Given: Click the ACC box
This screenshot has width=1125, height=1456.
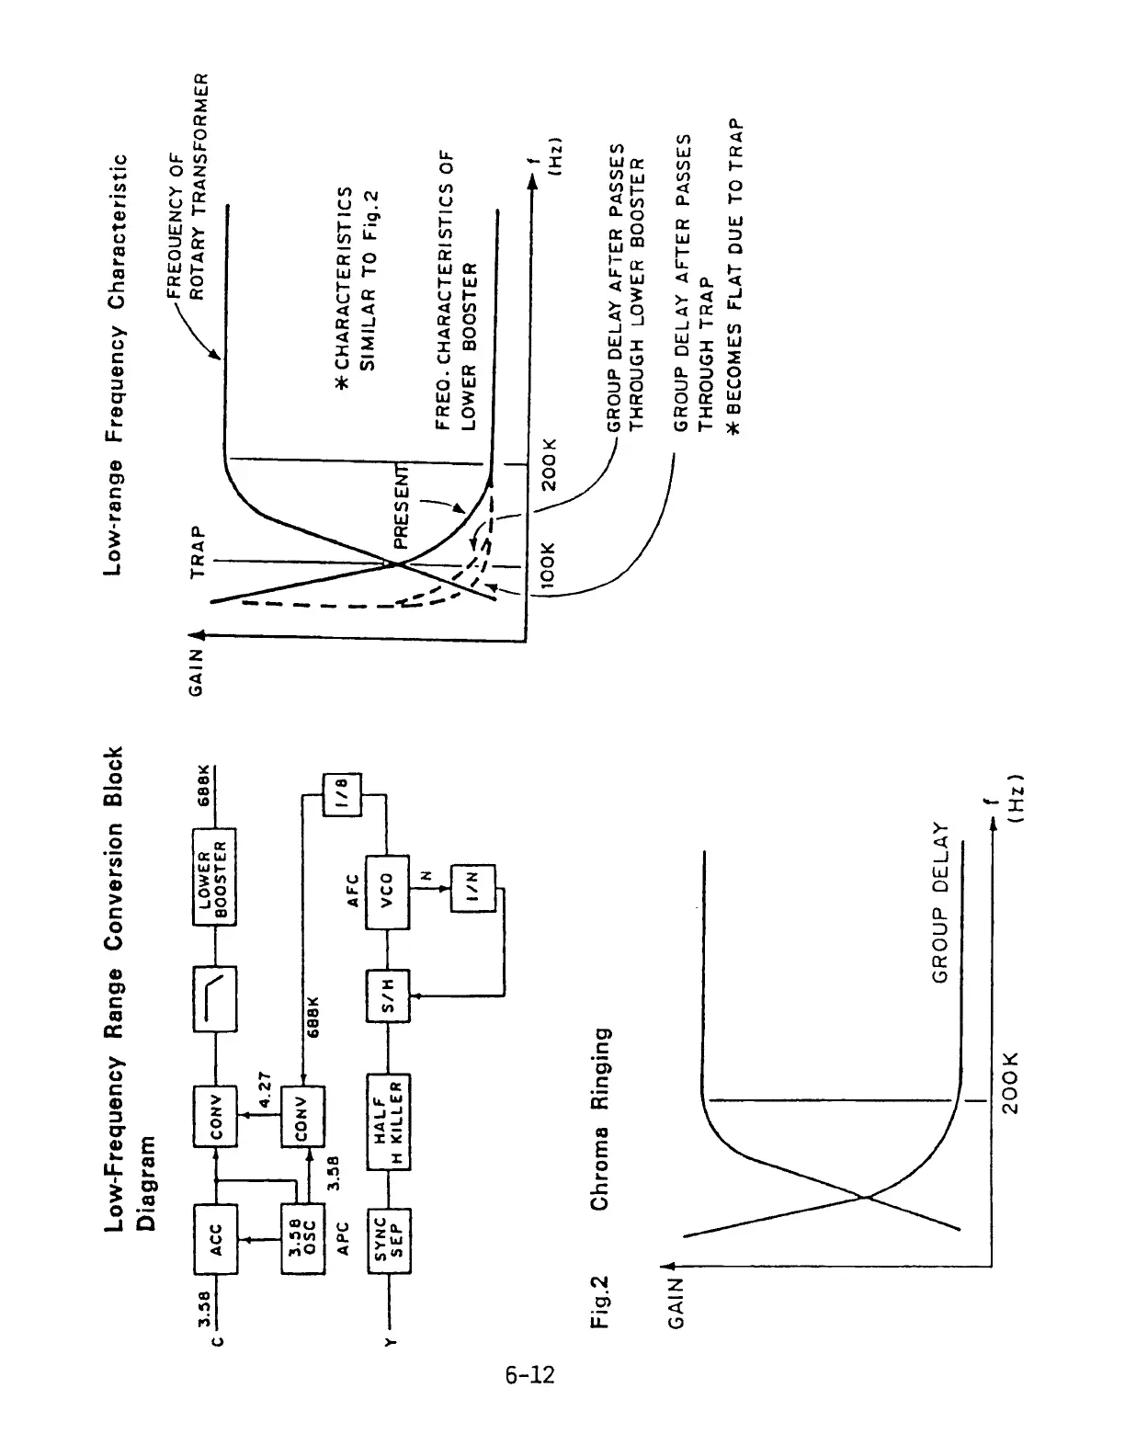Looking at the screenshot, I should pyautogui.click(x=215, y=1238).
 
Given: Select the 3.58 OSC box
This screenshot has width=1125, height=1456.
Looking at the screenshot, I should pyautogui.click(x=302, y=1238).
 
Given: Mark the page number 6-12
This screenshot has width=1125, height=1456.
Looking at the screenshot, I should pyautogui.click(x=529, y=1375).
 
